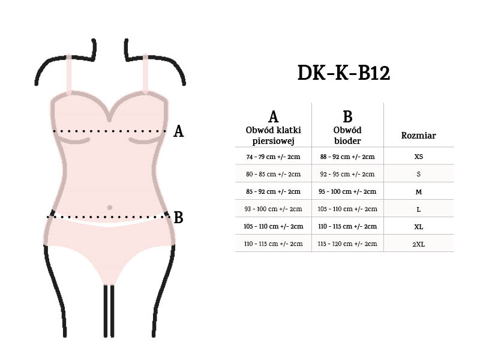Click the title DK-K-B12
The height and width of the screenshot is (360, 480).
pos(344,73)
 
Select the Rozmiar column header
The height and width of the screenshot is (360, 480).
pos(418,136)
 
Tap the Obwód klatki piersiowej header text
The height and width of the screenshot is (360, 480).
pos(273,136)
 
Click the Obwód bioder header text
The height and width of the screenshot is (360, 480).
pos(347,136)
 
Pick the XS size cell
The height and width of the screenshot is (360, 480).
pos(418,157)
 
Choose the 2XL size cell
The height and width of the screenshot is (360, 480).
pos(418,244)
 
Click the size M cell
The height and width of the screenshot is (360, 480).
pos(418,192)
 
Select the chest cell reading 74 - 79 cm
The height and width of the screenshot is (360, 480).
pos(273,157)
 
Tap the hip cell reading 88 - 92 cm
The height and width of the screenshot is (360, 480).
pos(347,157)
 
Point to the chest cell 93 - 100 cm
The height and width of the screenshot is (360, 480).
pos(273,209)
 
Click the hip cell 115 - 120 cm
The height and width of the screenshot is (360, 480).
pos(347,244)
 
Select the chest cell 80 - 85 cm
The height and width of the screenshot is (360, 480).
pos(273,174)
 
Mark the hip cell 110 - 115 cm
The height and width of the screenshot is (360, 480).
pos(347,226)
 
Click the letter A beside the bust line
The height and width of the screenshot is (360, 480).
pos(178,131)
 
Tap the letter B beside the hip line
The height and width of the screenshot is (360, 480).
pos(178,217)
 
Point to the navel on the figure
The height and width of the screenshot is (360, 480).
pos(109,208)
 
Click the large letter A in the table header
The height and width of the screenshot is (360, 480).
pos(273,117)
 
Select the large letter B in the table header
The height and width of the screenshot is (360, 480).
pos(347,117)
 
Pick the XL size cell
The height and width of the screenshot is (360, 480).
pos(418,227)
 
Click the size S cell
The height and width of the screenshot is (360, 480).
pos(418,175)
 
